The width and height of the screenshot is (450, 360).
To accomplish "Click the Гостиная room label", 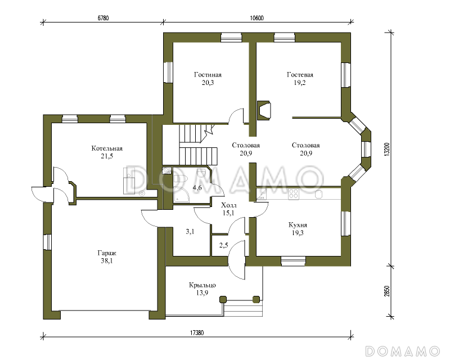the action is tap(208, 75).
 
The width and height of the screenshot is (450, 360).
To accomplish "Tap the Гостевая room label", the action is tap(300, 75).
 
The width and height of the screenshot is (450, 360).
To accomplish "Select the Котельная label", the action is tap(107, 148).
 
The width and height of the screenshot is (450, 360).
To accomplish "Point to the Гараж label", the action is tap(107, 253).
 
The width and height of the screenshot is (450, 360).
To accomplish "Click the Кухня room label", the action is tap(298, 225).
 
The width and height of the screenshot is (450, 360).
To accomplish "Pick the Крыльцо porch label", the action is tap(202, 285).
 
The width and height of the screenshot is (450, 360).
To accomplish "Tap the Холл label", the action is tap(229, 205).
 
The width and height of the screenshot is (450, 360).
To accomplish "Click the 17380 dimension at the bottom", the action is tap(197, 333).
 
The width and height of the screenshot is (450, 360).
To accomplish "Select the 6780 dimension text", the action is tap(103, 18).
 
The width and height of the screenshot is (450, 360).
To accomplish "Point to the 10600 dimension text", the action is tap(257, 18).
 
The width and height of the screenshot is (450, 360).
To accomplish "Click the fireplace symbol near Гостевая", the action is tap(264, 110).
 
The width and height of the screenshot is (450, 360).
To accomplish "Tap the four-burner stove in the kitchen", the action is tap(294, 195).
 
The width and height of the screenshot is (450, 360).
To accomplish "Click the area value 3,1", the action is tap(190, 231).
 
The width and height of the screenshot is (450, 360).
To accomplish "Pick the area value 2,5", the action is tap(223, 245).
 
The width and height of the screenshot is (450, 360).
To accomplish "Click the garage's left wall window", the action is tap(47, 242).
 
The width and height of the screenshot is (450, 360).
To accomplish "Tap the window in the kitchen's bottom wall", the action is tap(292, 260).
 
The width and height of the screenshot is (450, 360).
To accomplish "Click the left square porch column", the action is tap(223, 299).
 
